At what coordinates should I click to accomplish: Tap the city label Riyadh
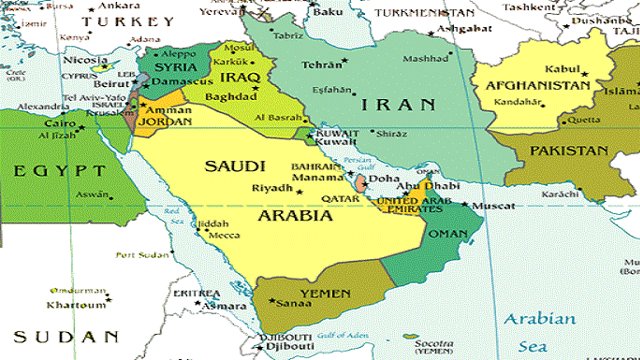pos(272,188)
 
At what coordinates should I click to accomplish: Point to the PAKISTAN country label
pos(569,150)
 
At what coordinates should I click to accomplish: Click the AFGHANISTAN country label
pos(537,85)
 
